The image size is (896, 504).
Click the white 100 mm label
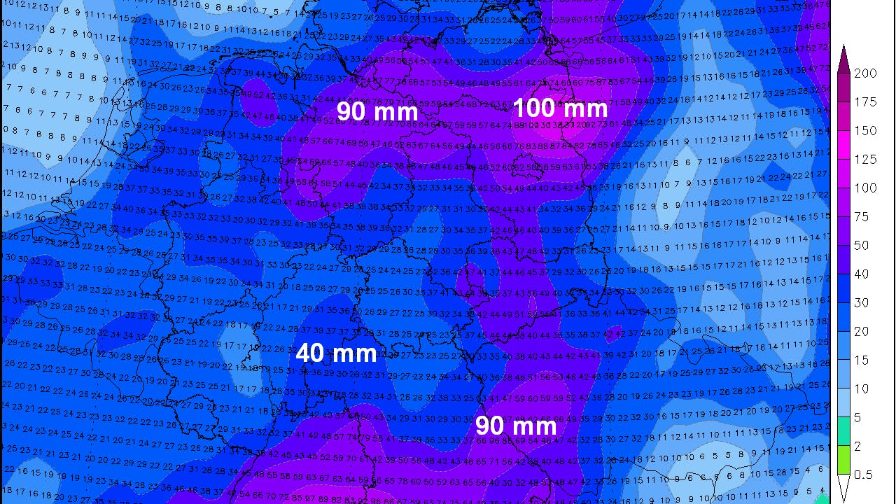pos(560,108)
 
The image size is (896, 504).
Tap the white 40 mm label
pos(337,353)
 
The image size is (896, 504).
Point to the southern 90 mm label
pos(516,426)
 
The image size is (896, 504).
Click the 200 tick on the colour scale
pos(866,73)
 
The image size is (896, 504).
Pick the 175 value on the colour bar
pos(866,102)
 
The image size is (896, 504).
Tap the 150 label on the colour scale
pos(866,131)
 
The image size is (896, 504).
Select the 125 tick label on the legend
pos(866,160)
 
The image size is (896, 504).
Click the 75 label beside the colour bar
pos(862,217)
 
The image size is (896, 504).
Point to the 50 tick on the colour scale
pos(862,246)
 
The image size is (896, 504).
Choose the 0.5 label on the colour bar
pos(864,475)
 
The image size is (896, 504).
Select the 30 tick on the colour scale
pos(862,303)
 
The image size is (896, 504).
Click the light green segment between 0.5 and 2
pos(843,460)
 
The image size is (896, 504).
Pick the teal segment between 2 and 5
pos(843,431)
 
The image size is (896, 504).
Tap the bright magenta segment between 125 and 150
pos(843,145)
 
